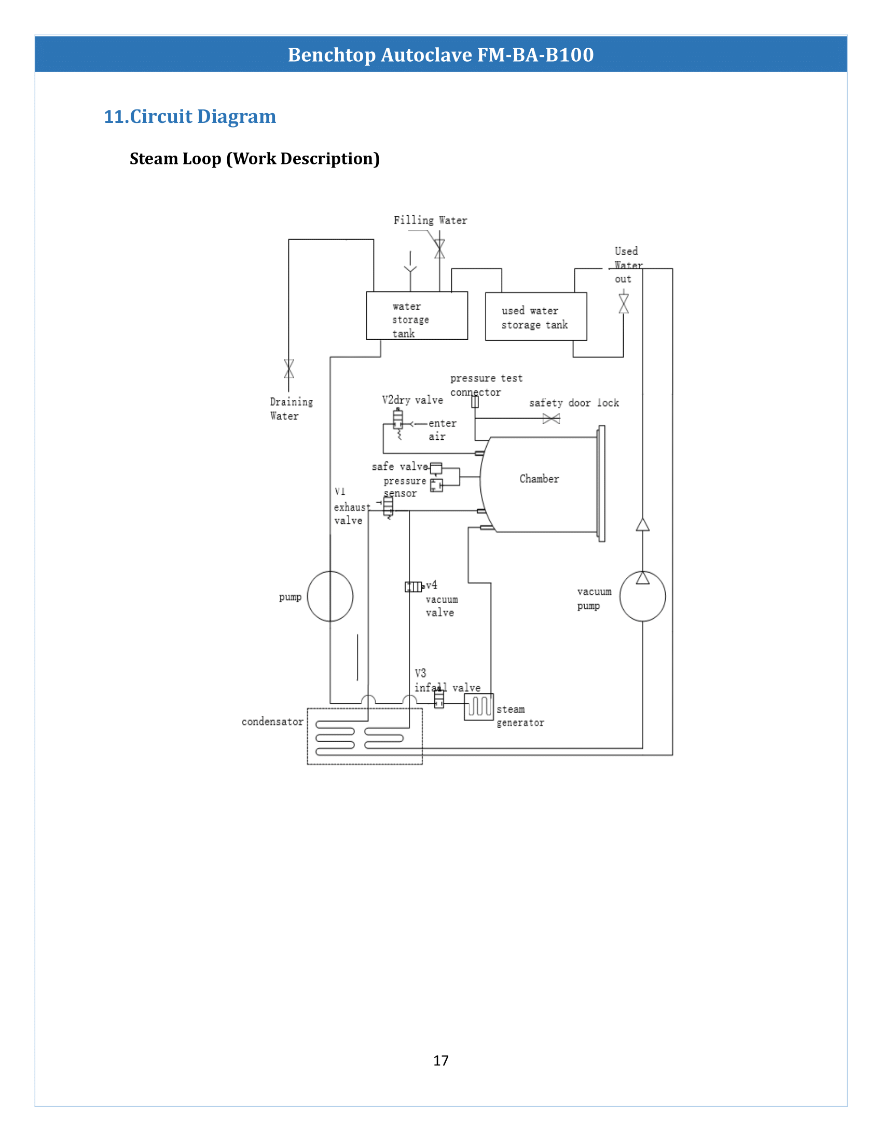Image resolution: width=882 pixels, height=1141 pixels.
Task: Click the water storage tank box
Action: pyautogui.click(x=417, y=315)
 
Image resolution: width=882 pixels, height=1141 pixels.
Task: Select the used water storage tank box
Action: pyautogui.click(x=535, y=316)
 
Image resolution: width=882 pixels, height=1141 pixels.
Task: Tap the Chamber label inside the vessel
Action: pyautogui.click(x=539, y=479)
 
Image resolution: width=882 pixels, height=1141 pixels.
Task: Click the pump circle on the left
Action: pyautogui.click(x=329, y=596)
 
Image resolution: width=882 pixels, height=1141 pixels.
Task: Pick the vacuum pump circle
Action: pyautogui.click(x=642, y=596)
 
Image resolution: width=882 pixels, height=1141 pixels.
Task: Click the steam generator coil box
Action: pyautogui.click(x=479, y=706)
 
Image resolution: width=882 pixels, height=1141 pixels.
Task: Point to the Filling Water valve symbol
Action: pyautogui.click(x=439, y=249)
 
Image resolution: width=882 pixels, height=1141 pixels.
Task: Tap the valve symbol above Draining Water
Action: pyautogui.click(x=289, y=368)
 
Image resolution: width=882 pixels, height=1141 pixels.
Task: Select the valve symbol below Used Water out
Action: pyautogui.click(x=623, y=303)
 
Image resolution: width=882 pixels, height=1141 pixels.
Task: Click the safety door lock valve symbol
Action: pyautogui.click(x=551, y=419)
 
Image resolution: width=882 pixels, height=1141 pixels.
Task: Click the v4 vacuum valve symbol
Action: pyautogui.click(x=414, y=587)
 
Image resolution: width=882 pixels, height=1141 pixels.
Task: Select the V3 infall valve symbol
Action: pyautogui.click(x=439, y=699)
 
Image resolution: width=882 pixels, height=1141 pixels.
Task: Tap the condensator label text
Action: pyautogui.click(x=272, y=721)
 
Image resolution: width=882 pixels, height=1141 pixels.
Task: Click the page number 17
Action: pyautogui.click(x=440, y=1060)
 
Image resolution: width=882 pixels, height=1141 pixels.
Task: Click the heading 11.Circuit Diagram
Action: pyautogui.click(x=190, y=116)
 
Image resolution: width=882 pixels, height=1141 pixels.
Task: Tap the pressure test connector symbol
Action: pyautogui.click(x=475, y=402)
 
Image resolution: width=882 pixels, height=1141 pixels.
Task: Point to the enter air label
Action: pyautogui.click(x=442, y=429)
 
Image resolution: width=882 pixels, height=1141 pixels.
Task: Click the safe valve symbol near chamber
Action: pyautogui.click(x=436, y=468)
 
